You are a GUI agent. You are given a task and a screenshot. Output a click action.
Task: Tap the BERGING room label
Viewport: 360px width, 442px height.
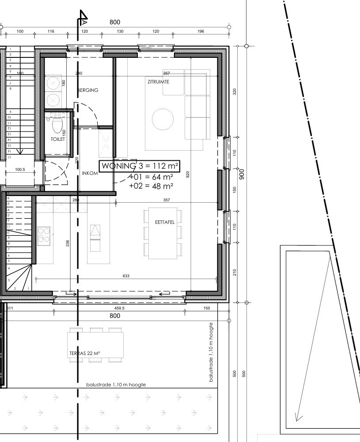[x=88, y=90]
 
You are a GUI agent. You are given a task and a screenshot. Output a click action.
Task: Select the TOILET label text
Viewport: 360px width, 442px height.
[x=58, y=139]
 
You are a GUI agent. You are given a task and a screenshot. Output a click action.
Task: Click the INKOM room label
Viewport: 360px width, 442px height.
[x=90, y=173]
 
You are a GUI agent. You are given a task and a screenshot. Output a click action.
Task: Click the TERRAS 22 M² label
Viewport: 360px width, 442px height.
[x=84, y=353]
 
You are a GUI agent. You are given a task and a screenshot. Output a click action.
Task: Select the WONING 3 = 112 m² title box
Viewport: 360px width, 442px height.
[x=140, y=166]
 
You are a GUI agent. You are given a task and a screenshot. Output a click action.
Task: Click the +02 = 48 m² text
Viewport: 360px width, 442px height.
[x=151, y=186]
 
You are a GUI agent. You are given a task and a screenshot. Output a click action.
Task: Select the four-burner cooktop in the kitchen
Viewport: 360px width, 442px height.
[x=44, y=235]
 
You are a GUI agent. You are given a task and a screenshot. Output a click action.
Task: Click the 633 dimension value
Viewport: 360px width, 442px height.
[x=126, y=276]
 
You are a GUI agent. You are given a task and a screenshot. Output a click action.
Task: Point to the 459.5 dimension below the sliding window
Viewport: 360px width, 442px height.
[x=120, y=308]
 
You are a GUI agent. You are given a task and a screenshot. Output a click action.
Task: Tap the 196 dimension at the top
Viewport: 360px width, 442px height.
[x=201, y=31]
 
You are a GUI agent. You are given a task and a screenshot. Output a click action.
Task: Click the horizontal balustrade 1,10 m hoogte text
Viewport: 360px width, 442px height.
[x=116, y=385]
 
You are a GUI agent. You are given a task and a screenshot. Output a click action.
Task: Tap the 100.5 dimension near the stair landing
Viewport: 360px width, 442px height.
[x=20, y=169]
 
